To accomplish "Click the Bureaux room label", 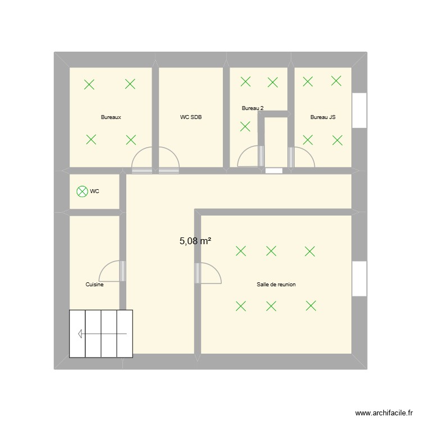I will [111, 118].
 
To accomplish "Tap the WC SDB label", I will [191, 118].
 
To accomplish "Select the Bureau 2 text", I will [253, 108].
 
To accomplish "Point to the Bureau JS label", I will [323, 118].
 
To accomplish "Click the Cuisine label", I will [94, 285].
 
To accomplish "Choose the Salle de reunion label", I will [276, 285].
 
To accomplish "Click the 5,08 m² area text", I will [195, 241].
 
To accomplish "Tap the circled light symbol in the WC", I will [82, 191].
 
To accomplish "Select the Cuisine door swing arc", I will [109, 271].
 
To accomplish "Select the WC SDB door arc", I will [169, 157].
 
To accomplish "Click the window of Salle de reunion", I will [359, 279].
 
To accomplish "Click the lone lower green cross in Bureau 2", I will [245, 126].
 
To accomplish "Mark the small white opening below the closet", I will [274, 171].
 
